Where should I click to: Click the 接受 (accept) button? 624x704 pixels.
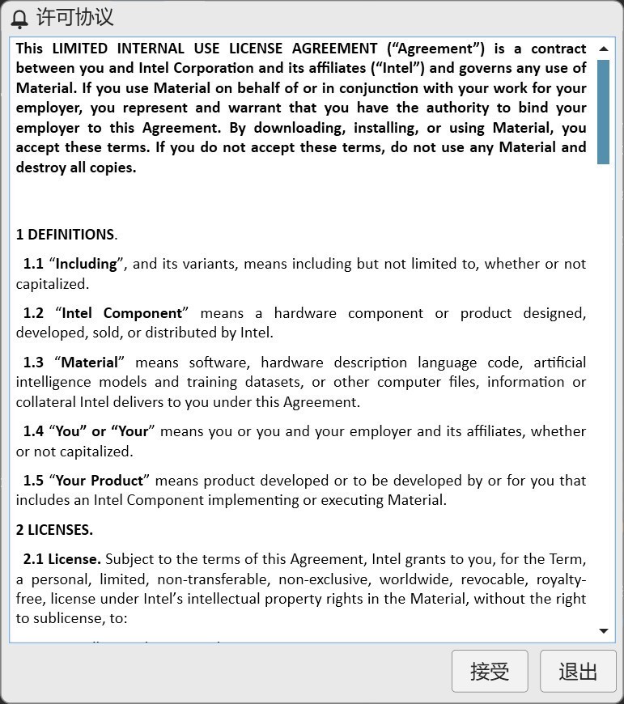[x=489, y=671]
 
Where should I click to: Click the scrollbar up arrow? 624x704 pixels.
[x=603, y=49]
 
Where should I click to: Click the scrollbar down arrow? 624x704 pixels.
[x=603, y=630]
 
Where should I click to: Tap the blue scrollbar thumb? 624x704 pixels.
[x=603, y=112]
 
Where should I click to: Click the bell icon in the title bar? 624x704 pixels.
[x=19, y=18]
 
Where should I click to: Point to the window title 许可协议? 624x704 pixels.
[x=75, y=17]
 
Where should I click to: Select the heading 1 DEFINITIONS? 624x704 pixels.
[x=65, y=235]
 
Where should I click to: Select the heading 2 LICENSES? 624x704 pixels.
[x=54, y=530]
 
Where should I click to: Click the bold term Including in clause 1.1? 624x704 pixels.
[x=87, y=264]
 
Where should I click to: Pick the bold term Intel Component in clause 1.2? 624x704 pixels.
[x=122, y=313]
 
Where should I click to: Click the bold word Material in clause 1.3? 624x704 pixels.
[x=90, y=363]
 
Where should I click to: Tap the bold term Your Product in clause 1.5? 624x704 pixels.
[x=100, y=481]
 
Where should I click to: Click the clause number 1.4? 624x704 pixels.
[x=33, y=431]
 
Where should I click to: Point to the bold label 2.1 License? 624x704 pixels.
[x=62, y=559]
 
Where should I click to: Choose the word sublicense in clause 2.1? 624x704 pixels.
[x=70, y=619]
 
